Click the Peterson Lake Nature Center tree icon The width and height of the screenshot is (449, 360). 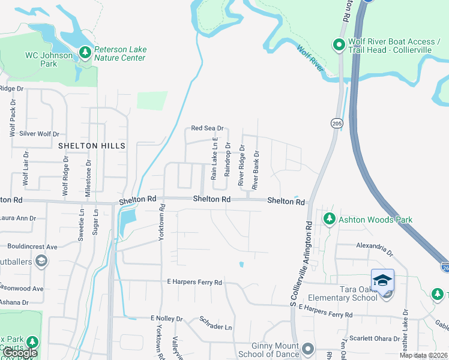click(x=85, y=53)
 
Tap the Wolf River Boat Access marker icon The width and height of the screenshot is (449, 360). click(x=339, y=45)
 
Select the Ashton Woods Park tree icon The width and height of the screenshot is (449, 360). click(x=328, y=220)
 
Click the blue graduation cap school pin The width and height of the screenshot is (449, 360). click(x=382, y=280)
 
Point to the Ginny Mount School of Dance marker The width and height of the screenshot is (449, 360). click(x=308, y=349)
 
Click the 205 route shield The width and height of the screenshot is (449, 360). click(x=336, y=123)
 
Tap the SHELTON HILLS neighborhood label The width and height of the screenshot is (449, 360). click(x=92, y=146)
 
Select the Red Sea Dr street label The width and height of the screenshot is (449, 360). click(x=207, y=128)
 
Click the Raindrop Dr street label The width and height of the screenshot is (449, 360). click(x=228, y=160)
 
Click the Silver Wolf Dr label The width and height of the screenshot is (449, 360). click(x=40, y=134)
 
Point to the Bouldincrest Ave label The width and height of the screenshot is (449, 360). click(x=32, y=247)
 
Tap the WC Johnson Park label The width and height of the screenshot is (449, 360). click(x=49, y=59)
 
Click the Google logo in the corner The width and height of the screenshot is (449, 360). click(x=19, y=353)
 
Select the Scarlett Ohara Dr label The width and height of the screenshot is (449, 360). click(x=374, y=338)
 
